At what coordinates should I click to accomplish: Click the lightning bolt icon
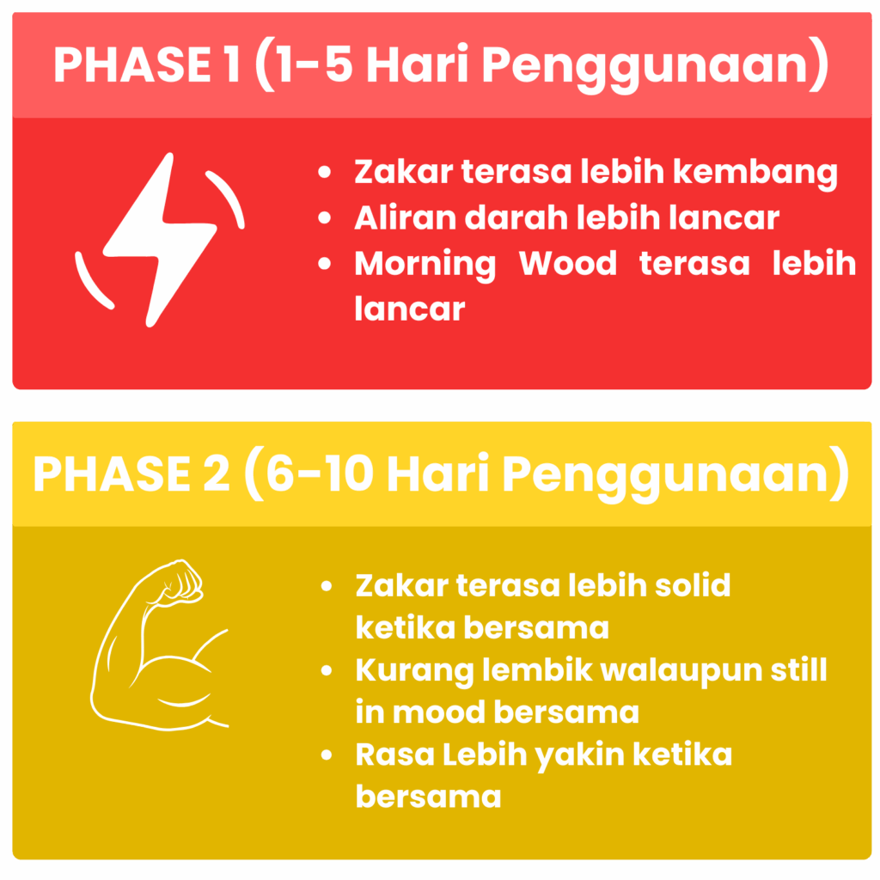160,241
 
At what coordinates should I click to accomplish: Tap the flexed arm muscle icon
160,645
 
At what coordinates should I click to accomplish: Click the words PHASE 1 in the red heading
148,65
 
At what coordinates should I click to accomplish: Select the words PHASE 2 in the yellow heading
131,474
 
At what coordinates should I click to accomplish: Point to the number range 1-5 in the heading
315,65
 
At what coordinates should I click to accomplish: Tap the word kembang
755,172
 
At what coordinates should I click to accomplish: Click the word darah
516,217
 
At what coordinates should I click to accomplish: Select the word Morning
425,265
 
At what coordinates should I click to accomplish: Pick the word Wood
567,263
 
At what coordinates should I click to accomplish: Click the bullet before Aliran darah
324,217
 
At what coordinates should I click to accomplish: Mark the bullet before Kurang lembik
327,670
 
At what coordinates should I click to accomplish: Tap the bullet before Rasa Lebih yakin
327,755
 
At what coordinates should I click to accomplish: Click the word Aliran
406,217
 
